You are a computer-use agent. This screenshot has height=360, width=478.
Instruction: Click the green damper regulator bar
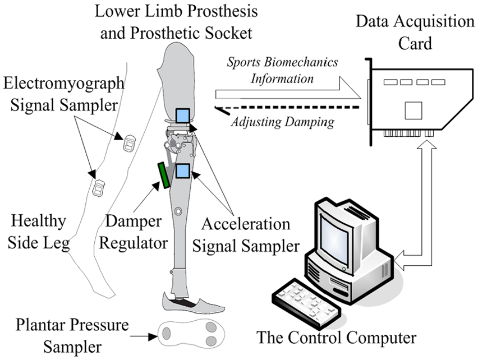click(x=163, y=175)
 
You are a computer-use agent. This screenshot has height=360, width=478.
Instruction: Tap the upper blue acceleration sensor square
click(x=182, y=116)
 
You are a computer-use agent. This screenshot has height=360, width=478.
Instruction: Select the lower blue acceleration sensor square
click(x=182, y=171)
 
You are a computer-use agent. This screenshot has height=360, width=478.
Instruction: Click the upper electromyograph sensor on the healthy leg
click(x=129, y=143)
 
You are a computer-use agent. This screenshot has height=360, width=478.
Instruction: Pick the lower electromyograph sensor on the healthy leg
click(x=99, y=188)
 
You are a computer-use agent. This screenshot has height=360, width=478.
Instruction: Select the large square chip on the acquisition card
click(x=413, y=110)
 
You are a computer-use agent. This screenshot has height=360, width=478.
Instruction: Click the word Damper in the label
click(x=133, y=221)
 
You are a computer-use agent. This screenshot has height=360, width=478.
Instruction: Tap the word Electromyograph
click(x=64, y=83)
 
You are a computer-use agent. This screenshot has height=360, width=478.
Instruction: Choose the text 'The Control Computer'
click(x=336, y=338)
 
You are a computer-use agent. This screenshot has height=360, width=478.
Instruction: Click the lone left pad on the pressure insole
click(x=166, y=333)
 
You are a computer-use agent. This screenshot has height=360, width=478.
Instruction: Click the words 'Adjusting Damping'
click(x=283, y=122)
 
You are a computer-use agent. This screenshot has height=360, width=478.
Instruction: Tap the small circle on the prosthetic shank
click(x=178, y=211)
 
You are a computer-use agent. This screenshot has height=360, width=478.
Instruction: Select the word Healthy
click(x=38, y=221)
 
